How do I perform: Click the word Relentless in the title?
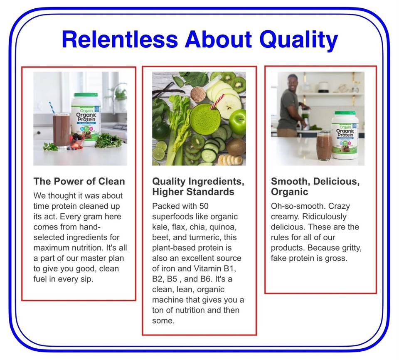[120, 39]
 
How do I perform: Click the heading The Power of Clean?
[79, 181]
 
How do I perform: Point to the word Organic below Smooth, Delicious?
[289, 192]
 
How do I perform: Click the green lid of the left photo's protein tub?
[86, 95]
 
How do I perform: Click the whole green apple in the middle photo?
[237, 122]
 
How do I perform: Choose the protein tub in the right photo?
[345, 135]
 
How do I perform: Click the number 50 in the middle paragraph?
[204, 206]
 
